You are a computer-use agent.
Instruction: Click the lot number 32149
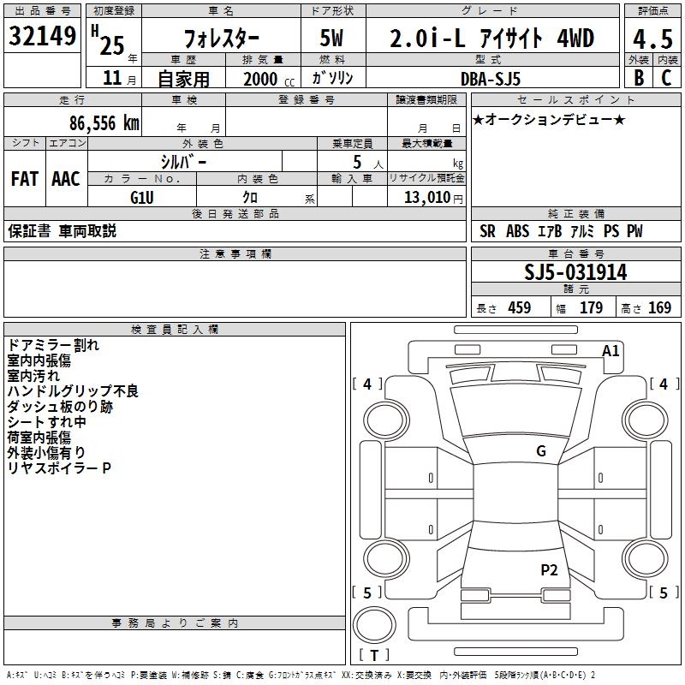pyautogui.click(x=43, y=36)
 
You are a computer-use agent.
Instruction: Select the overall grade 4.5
pyautogui.click(x=651, y=39)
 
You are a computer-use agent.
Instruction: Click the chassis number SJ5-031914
pyautogui.click(x=575, y=273)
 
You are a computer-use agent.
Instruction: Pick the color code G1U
pyautogui.click(x=141, y=197)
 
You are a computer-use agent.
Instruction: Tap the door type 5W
pyautogui.click(x=333, y=39)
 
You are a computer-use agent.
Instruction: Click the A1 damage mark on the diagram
pyautogui.click(x=611, y=351)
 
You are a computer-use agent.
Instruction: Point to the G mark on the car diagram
pyautogui.click(x=540, y=451)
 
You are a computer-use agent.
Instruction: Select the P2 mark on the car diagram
pyautogui.click(x=549, y=569)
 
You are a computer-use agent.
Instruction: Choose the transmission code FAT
pyautogui.click(x=24, y=178)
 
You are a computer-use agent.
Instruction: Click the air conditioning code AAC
pyautogui.click(x=66, y=178)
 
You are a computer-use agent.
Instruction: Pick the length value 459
pyautogui.click(x=519, y=308)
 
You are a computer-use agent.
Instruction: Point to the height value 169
pyautogui.click(x=659, y=308)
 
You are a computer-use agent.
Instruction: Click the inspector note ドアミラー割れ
pyautogui.click(x=53, y=346)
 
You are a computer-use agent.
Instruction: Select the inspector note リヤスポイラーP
pyautogui.click(x=59, y=468)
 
